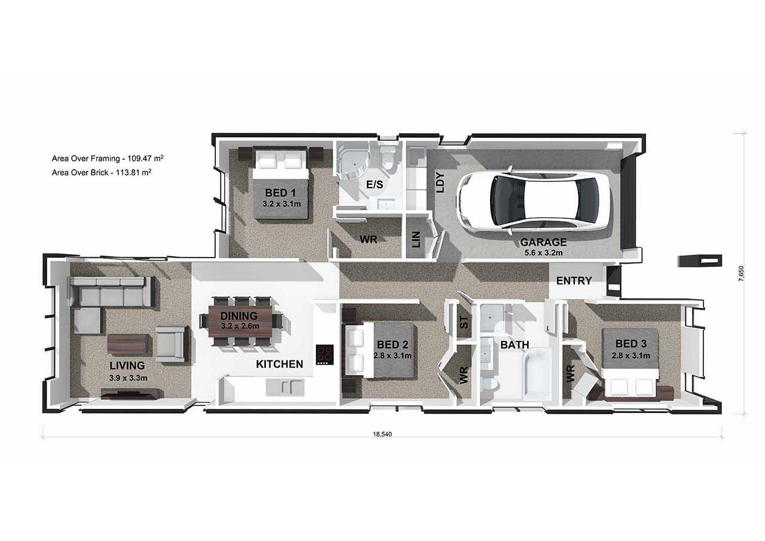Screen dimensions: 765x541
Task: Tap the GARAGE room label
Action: point(543,242)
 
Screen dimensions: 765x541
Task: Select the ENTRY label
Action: point(574,281)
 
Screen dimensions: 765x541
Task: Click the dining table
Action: point(240,321)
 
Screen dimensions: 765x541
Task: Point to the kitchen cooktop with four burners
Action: point(325,354)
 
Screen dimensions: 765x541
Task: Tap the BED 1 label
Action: point(280,193)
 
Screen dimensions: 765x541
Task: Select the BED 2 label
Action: point(393,344)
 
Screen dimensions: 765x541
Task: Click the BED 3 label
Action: point(631,344)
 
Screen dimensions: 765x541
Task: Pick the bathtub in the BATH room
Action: point(538,373)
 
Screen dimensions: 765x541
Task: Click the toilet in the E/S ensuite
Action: point(388,158)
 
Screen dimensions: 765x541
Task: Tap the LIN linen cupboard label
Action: point(417,239)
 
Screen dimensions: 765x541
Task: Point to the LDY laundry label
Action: point(441,183)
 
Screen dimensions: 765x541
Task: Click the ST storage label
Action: point(464,322)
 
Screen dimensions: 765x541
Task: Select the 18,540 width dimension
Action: point(382,435)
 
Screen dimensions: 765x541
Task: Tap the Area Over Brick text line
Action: point(102,173)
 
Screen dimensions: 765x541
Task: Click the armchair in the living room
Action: point(171,344)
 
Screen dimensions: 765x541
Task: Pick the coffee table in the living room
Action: point(128,344)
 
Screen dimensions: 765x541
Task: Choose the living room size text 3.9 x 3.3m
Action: point(128,378)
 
